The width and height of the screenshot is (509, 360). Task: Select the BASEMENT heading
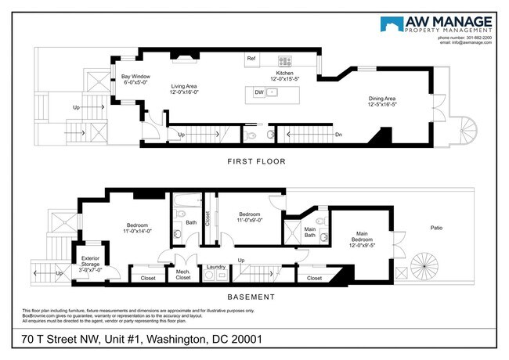coord(251,297)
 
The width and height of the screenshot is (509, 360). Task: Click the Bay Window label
coord(135,80)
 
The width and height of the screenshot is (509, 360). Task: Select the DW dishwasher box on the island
coord(259,92)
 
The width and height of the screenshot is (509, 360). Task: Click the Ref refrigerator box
coord(251,59)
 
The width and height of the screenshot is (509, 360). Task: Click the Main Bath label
coord(310,231)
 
